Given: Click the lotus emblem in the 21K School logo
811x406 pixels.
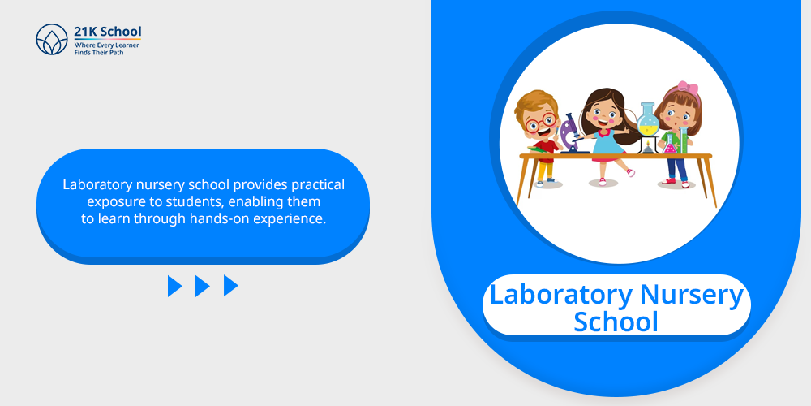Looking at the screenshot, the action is (x=52, y=39).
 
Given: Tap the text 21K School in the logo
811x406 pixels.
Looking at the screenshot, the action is (x=108, y=32).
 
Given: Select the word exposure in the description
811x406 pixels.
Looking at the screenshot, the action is (x=110, y=201).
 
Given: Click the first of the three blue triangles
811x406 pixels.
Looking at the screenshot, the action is (x=175, y=286).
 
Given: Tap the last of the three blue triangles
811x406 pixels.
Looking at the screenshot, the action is (x=230, y=286).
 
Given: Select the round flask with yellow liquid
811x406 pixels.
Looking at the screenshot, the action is (x=647, y=119).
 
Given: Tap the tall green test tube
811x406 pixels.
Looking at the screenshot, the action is (x=683, y=140).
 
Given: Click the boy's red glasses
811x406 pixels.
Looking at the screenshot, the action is (x=540, y=123).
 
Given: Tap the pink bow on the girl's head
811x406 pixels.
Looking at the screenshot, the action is (x=688, y=88).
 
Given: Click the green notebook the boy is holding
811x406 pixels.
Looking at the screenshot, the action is (x=539, y=149).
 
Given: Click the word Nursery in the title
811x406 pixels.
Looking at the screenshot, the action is (x=692, y=295).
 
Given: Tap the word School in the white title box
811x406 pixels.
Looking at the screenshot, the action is (x=616, y=321).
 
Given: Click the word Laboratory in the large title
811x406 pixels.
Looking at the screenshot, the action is (x=560, y=294).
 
